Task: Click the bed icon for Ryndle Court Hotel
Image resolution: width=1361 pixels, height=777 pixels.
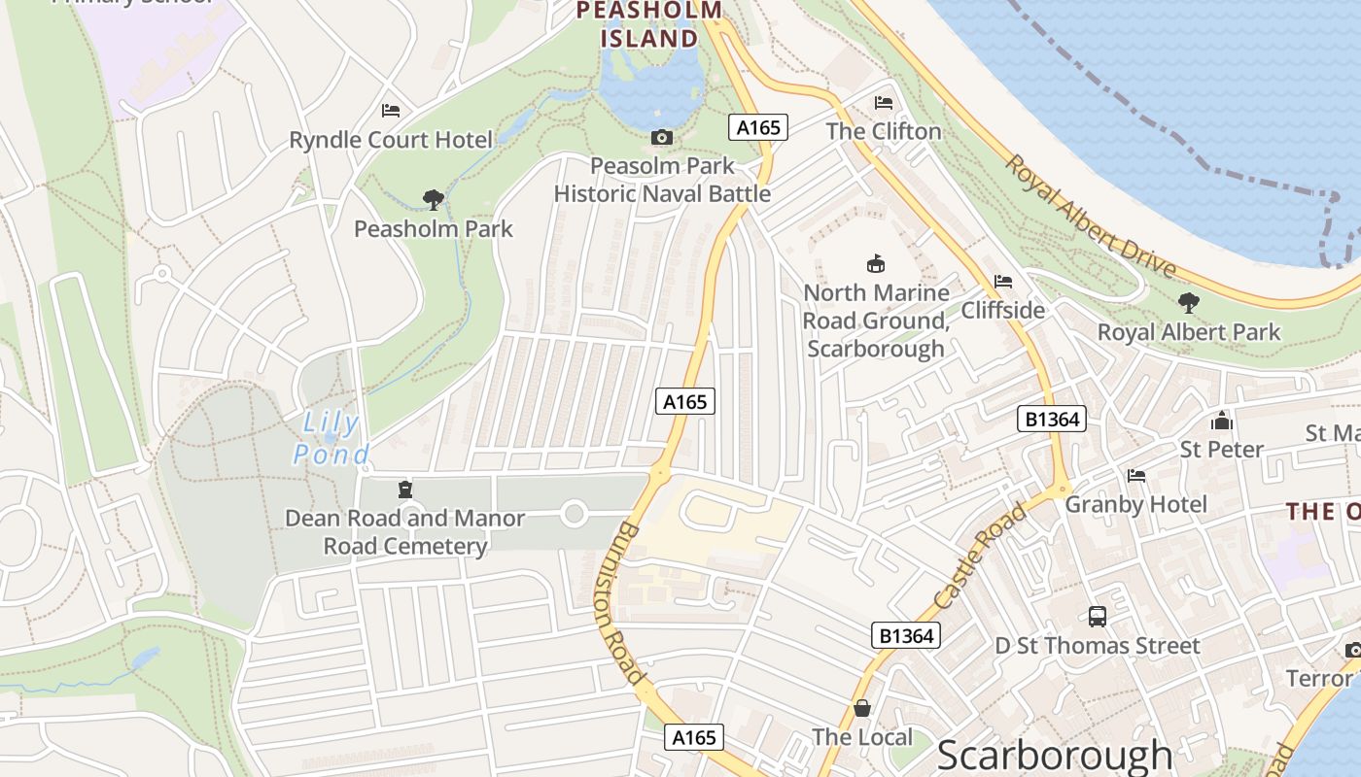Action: click(391, 111)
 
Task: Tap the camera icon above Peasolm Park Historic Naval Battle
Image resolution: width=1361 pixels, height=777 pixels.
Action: click(662, 138)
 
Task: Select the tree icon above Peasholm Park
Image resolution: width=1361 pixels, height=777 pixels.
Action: click(434, 200)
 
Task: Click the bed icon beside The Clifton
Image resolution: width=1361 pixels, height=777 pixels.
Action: click(884, 103)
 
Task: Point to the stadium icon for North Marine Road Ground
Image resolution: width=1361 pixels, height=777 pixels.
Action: click(876, 263)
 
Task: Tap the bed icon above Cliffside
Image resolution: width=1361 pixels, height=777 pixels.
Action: click(1003, 282)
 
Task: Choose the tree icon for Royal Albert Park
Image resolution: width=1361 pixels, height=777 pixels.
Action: click(1188, 303)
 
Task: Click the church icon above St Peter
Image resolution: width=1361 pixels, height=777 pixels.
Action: click(1222, 421)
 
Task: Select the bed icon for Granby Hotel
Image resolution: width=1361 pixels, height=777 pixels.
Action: click(1135, 476)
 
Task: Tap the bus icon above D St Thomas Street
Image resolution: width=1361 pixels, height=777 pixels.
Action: click(1098, 616)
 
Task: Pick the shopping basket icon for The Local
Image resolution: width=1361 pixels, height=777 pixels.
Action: click(862, 708)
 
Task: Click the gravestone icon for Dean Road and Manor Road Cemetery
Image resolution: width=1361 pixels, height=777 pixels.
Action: click(405, 490)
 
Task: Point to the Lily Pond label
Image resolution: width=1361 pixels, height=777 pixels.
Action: click(332, 438)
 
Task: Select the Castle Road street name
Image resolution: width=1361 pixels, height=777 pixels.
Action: click(980, 556)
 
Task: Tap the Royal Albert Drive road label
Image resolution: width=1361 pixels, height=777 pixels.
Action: click(1090, 216)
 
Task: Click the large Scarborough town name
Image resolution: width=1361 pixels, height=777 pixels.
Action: click(1055, 756)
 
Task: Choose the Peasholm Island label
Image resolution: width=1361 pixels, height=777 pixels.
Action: click(649, 25)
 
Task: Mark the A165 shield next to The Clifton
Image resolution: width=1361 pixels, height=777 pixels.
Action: click(758, 127)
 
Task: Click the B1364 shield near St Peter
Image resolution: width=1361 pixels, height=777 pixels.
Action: click(1052, 419)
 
